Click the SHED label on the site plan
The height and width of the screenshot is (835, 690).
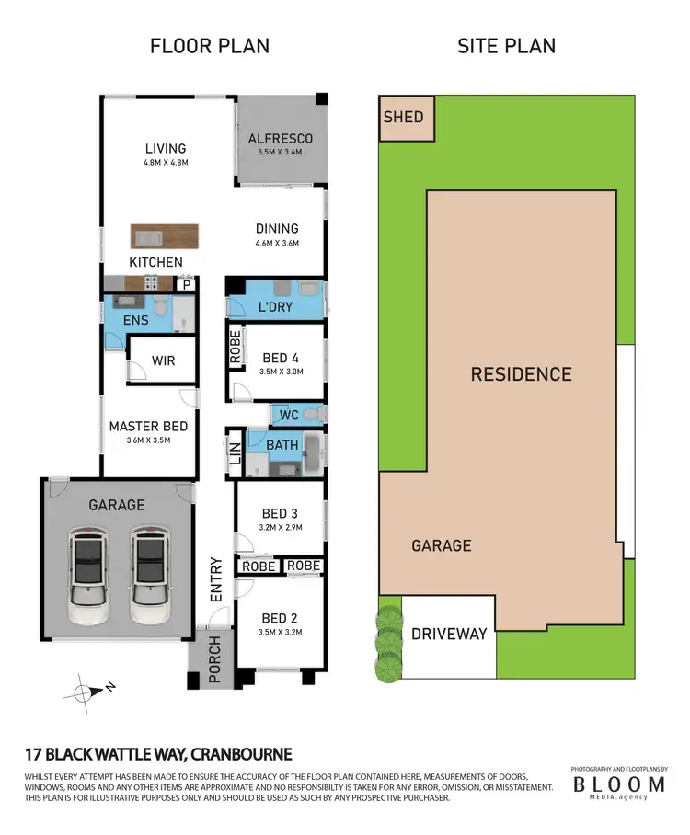[x=403, y=117]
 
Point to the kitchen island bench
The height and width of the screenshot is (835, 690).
[x=163, y=236]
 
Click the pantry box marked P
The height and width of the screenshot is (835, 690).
[x=187, y=285]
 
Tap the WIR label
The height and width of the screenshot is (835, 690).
[x=164, y=361]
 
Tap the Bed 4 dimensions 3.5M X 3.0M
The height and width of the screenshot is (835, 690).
[x=282, y=372]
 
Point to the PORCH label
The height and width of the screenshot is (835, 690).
[x=215, y=660]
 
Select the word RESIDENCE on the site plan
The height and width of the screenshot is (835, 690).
[x=521, y=374]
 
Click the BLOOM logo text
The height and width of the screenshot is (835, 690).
[x=618, y=784]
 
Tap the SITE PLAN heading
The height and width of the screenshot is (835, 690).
[x=506, y=45]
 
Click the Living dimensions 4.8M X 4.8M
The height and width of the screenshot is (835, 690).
[x=165, y=163]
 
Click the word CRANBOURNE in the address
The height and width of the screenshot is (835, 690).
[x=242, y=755]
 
